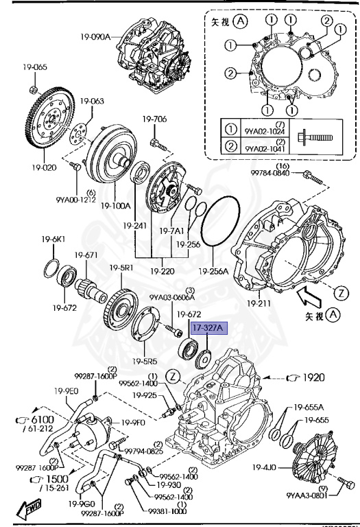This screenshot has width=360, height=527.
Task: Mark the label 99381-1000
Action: pyautogui.click(x=167, y=511)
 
